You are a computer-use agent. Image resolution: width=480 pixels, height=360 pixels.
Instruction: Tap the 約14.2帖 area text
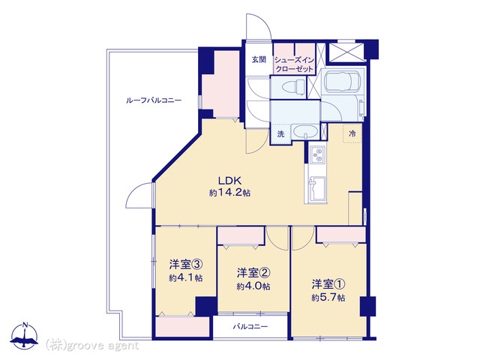point(230,193)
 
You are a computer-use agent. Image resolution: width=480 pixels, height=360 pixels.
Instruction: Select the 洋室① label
point(328,284)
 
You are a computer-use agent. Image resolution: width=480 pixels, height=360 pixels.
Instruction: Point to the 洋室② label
point(253,272)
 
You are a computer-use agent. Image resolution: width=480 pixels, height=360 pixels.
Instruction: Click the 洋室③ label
point(186,263)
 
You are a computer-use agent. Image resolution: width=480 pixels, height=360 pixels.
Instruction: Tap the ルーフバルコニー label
point(154,100)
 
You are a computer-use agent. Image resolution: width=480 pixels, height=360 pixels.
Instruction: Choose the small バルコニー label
point(250,327)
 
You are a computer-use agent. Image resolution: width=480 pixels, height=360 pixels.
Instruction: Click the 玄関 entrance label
point(259,60)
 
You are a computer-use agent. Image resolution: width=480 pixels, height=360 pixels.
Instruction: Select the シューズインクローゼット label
point(295,64)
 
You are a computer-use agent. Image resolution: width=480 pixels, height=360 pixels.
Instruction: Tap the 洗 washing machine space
point(280,133)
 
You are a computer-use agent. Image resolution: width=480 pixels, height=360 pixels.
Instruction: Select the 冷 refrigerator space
point(352,133)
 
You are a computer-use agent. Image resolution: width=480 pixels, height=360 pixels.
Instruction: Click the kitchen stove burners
point(316,155)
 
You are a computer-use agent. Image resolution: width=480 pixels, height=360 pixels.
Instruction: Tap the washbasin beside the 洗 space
point(305,132)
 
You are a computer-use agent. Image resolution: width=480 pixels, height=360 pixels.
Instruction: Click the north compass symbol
point(24,336)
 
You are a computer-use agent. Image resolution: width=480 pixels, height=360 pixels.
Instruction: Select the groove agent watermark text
point(92,346)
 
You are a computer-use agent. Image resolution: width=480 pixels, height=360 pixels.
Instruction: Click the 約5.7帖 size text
point(328,297)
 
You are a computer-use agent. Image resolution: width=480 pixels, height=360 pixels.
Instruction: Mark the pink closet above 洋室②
point(241,235)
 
